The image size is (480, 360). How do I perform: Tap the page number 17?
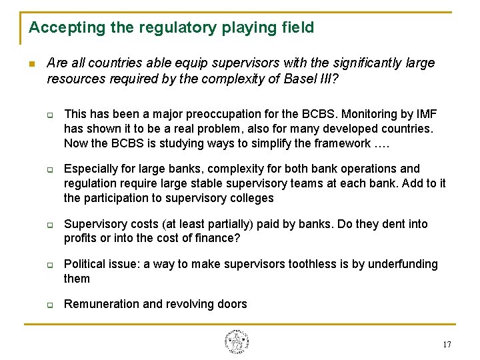click(447, 345)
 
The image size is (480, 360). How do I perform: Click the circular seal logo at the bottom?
click(236, 341)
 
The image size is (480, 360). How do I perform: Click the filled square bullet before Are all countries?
click(31, 64)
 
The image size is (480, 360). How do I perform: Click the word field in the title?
click(297, 28)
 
